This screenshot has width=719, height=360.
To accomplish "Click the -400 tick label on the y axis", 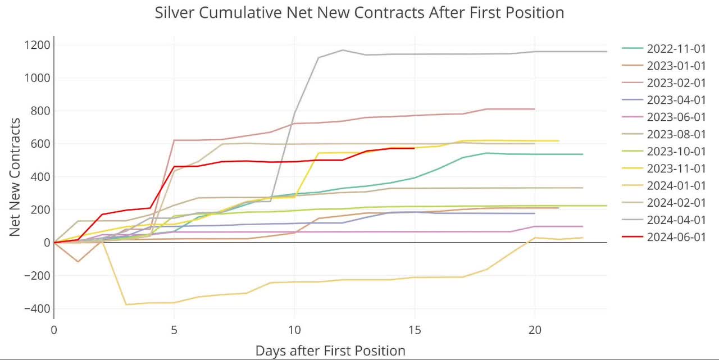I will click(36, 309).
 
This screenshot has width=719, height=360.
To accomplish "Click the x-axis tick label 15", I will click(415, 331).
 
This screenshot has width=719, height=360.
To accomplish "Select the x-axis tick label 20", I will click(535, 331).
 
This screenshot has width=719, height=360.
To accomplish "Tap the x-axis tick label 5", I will click(174, 331).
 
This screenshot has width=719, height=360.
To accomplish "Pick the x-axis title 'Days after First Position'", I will click(330, 351).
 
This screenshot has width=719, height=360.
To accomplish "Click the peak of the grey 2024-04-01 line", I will click(343, 50).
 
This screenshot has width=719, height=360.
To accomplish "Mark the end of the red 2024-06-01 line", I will click(415, 148).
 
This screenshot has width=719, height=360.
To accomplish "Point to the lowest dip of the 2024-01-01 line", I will click(126, 304).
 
